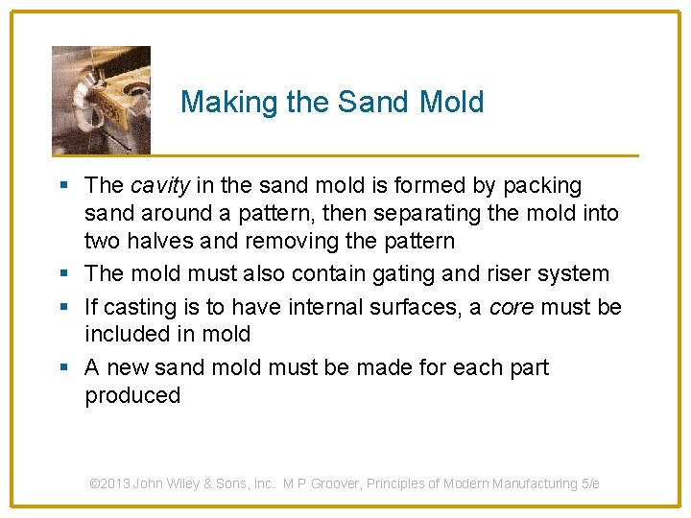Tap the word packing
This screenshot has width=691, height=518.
(x=536, y=185)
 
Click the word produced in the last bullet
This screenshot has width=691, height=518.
(x=132, y=395)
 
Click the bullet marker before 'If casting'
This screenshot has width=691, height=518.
(x=63, y=307)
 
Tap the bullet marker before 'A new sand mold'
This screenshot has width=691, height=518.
(x=63, y=368)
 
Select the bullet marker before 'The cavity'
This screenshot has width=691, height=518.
(x=63, y=185)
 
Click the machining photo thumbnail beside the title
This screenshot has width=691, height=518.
(x=101, y=100)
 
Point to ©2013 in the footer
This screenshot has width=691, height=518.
(x=110, y=484)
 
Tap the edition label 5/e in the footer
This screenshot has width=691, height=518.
(x=590, y=484)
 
